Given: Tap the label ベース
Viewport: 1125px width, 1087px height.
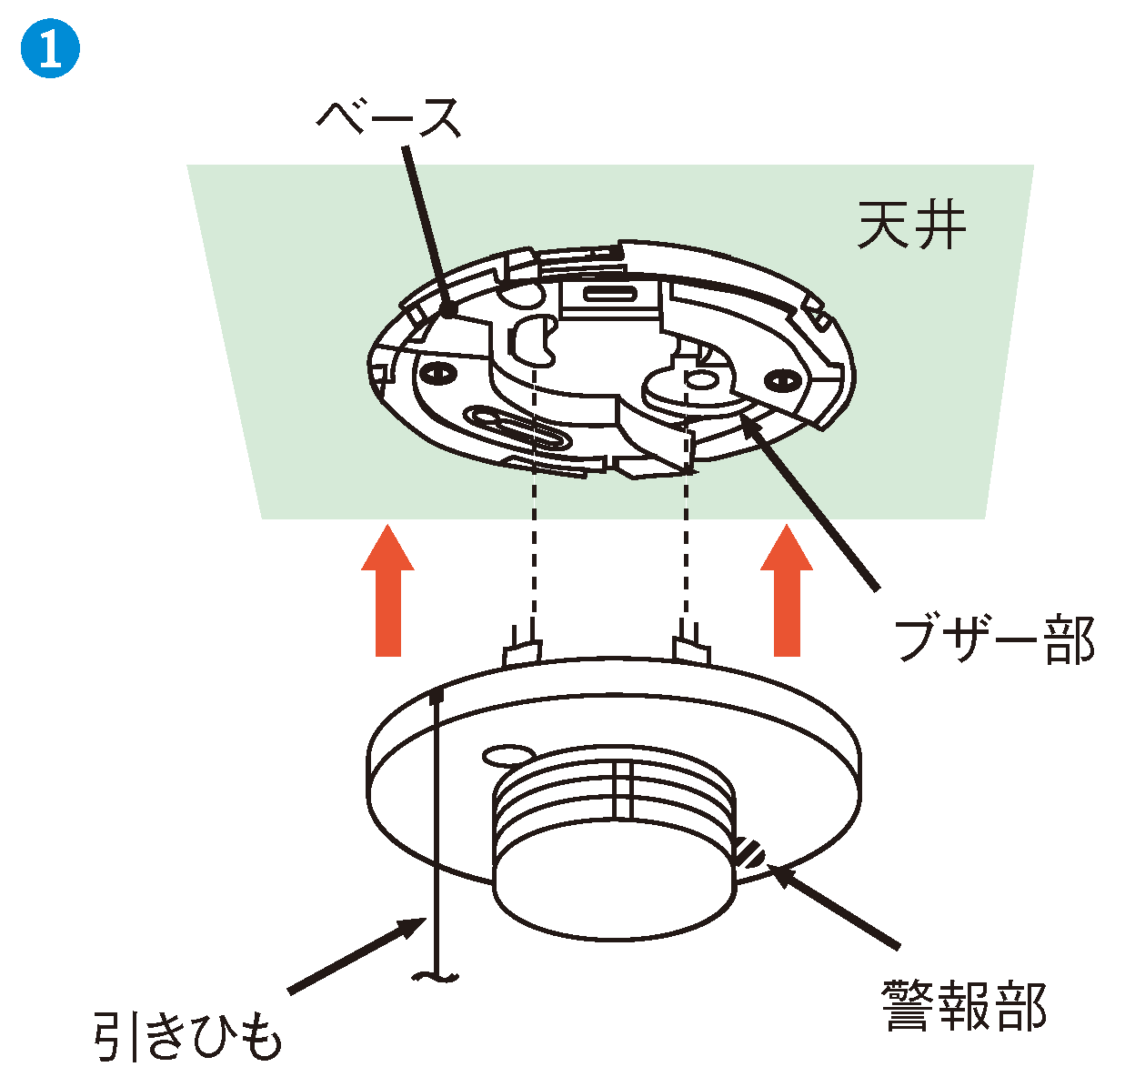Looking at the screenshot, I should click(388, 119).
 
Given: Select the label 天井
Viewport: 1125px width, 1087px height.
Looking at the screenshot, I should click(910, 225).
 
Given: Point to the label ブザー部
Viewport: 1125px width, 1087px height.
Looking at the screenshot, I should click(993, 640).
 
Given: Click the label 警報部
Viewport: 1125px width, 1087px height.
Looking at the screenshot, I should click(964, 1006).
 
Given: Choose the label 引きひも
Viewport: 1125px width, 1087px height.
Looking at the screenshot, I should click(187, 1036).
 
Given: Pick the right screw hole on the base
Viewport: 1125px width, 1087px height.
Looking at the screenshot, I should click(779, 377).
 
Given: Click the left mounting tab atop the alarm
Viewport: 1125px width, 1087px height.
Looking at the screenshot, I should click(522, 649).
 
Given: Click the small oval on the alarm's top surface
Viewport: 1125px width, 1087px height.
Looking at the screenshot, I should click(508, 754).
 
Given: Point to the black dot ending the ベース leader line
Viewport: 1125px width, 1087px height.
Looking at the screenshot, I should click(448, 311).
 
